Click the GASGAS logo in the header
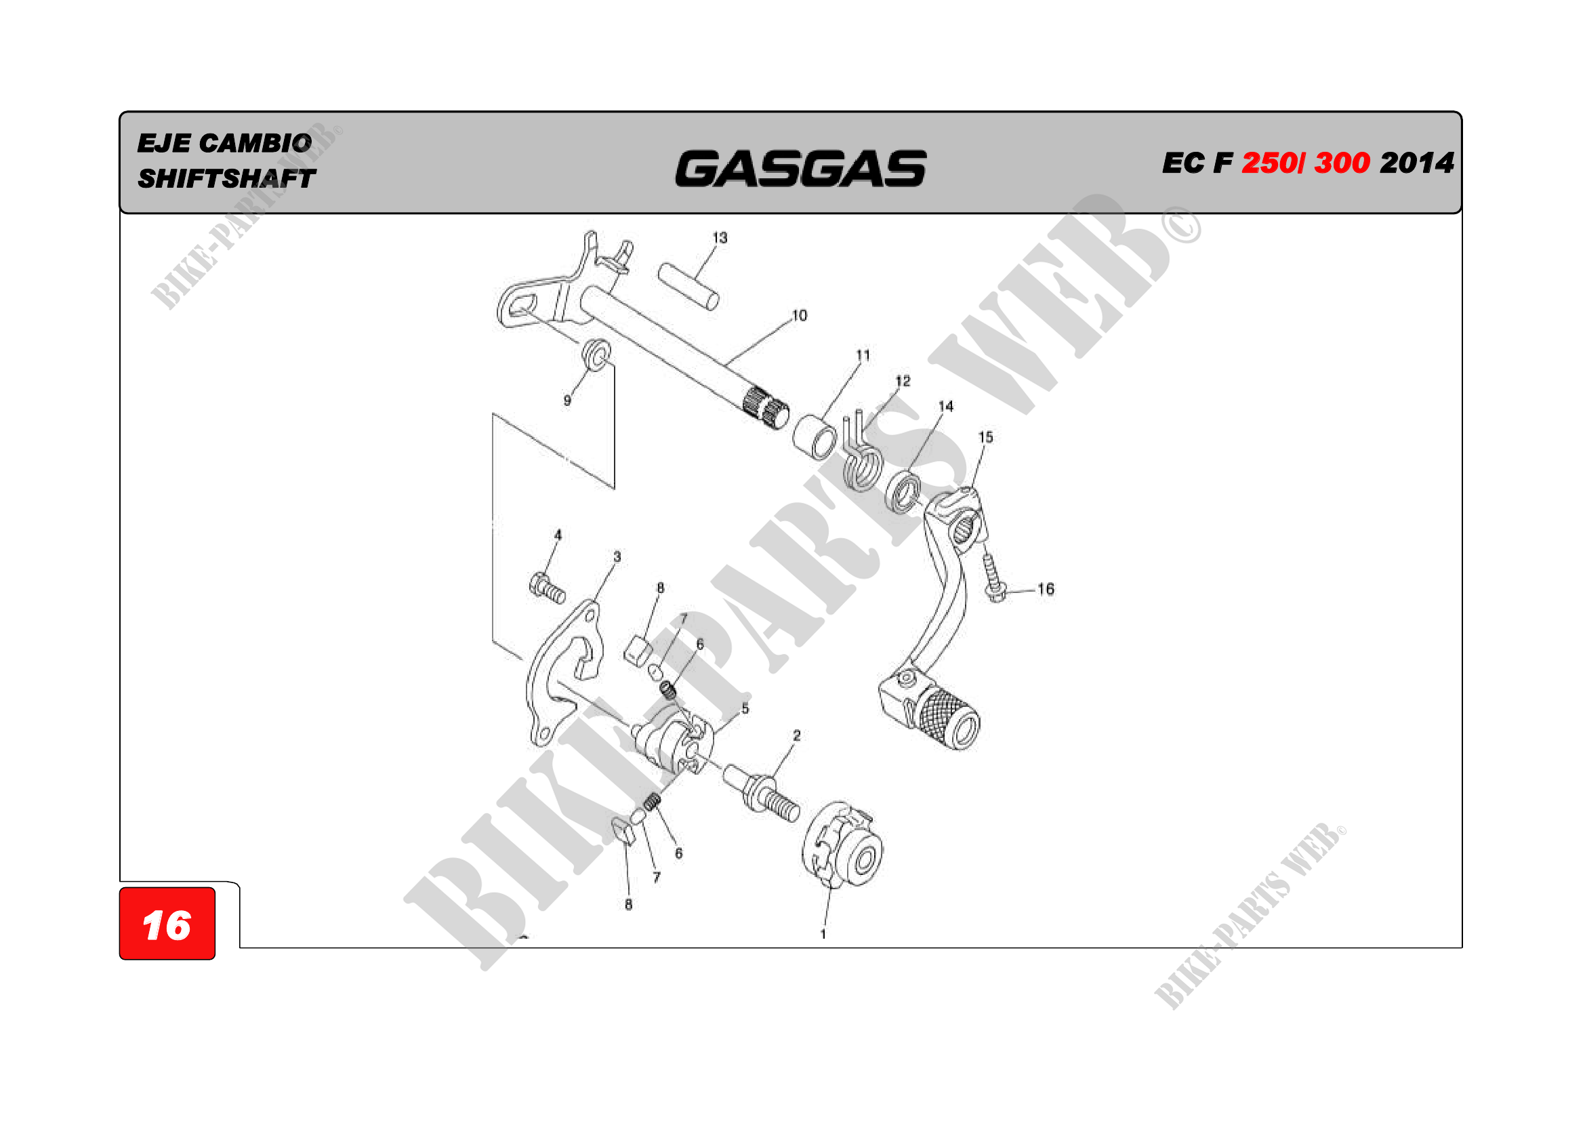pos(800,169)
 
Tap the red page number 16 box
pos(167,924)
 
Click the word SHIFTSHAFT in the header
pos(226,179)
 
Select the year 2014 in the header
pos(1416,163)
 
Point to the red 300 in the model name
pos(1341,163)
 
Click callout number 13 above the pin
pos(720,238)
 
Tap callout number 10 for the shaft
pos(800,315)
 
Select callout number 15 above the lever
pos(985,437)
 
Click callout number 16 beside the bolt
pos(1045,589)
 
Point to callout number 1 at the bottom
pos(823,934)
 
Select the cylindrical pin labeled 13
pos(688,286)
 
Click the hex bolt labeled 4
pos(547,588)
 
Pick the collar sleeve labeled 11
pos(815,437)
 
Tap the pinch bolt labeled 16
pos(993,577)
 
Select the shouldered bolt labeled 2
pos(763,794)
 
